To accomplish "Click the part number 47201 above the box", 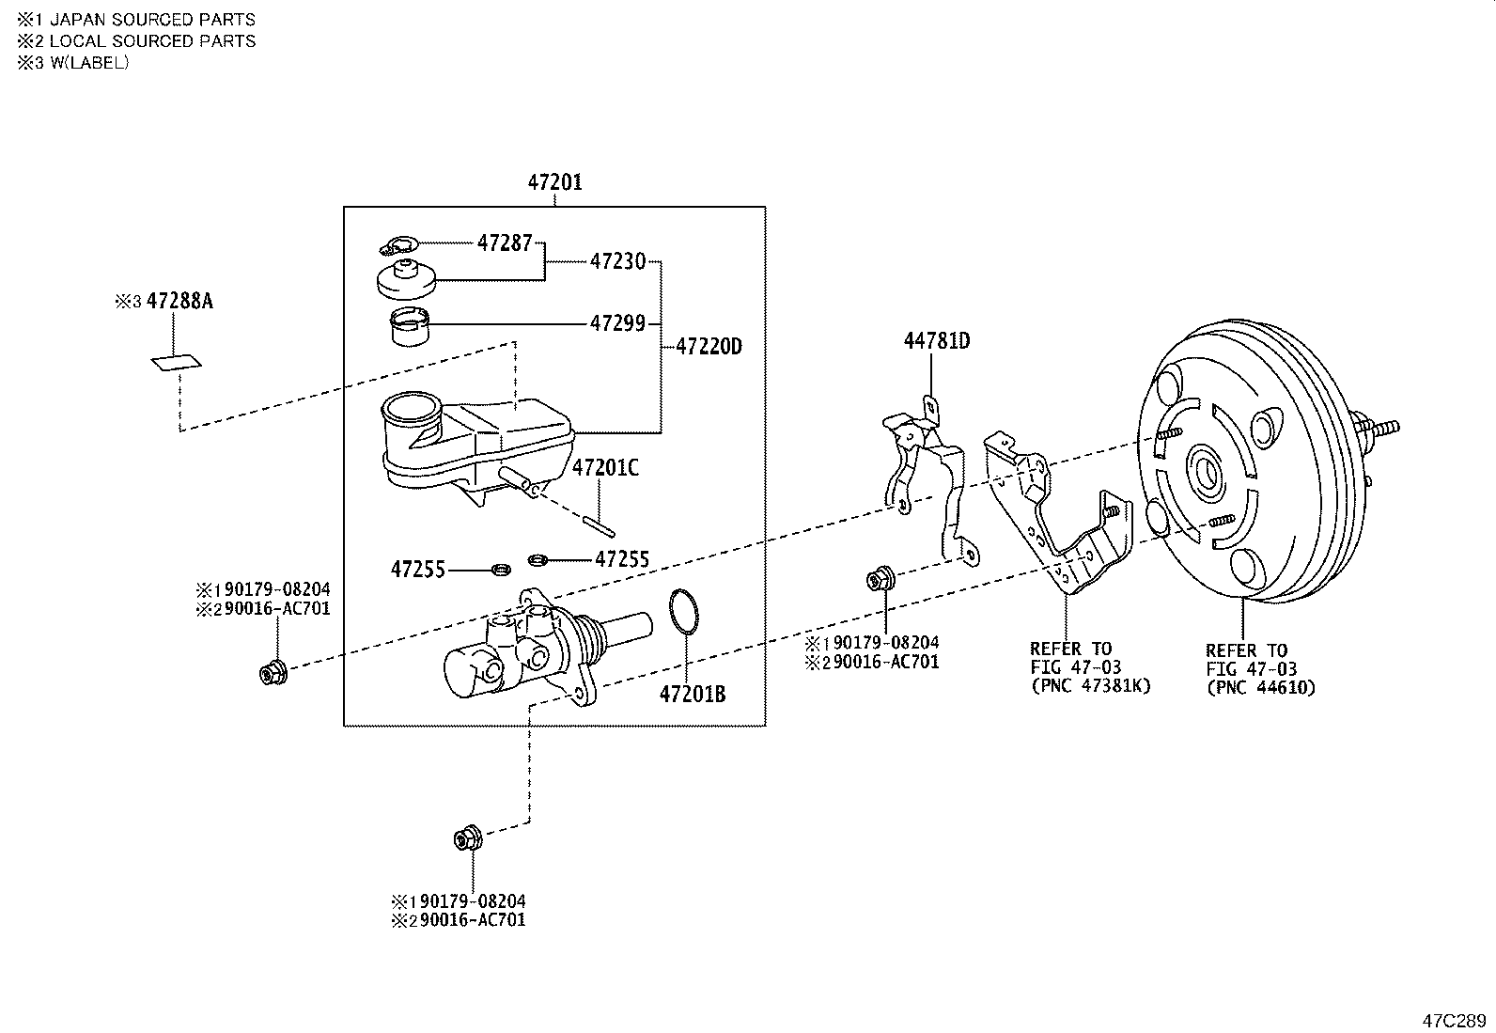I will pos(554,181).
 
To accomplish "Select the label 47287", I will pos(505,243).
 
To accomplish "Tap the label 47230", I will pos(617,261).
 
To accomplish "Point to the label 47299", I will pos(617,323).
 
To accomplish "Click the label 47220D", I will pos(709,347).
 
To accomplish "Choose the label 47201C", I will pos(605,467).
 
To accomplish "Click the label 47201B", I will pos(693,695).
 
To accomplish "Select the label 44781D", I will pos(937,341).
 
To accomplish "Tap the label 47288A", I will pos(179,301).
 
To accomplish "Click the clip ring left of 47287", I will pos(396,246).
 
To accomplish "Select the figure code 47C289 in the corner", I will pos(1454,1020).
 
